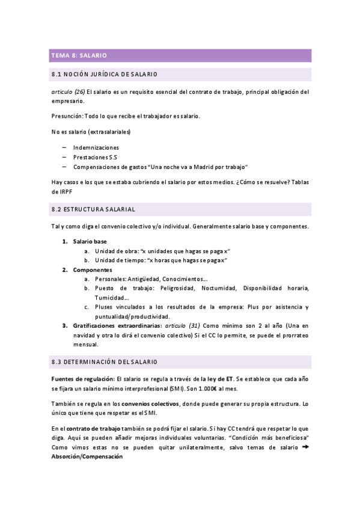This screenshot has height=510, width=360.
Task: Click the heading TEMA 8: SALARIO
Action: coord(79,55)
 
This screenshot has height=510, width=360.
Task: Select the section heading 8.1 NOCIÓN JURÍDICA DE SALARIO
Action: coord(105,75)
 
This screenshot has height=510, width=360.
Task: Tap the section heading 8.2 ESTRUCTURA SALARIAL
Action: coord(94,209)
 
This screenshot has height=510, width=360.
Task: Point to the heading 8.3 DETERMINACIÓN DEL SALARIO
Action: coord(105,363)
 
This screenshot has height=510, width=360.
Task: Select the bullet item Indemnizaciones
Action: coord(96,147)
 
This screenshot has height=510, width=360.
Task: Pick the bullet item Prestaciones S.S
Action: coord(95,157)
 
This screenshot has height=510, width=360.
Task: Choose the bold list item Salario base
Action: coord(90,241)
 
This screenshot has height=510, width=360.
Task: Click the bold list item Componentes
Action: coord(93,270)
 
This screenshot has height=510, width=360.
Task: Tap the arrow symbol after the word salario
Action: coord(304,447)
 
